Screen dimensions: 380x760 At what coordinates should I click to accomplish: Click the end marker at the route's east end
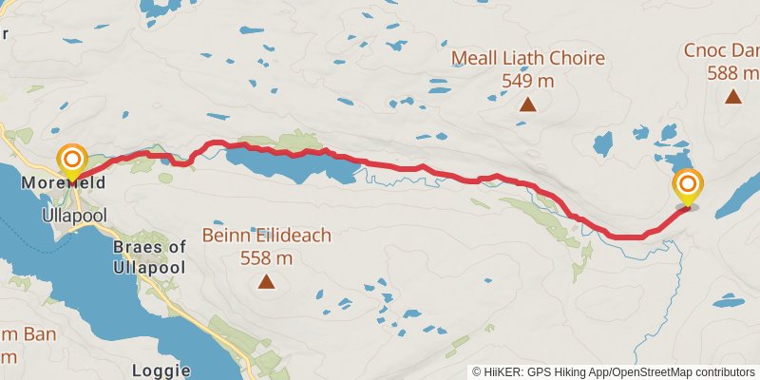coord(687,185)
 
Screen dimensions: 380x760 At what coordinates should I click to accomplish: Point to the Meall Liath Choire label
coord(527,59)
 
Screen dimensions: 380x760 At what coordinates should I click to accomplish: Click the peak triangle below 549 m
coord(527,104)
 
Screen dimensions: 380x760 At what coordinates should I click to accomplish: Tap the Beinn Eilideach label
coord(266,236)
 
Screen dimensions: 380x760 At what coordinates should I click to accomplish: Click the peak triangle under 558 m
coord(267,281)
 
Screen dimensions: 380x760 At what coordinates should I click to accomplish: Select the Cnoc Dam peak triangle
coord(732,96)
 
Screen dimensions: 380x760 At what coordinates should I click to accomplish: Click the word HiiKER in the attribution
coord(504,371)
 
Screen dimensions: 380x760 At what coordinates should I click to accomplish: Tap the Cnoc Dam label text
coord(722,50)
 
